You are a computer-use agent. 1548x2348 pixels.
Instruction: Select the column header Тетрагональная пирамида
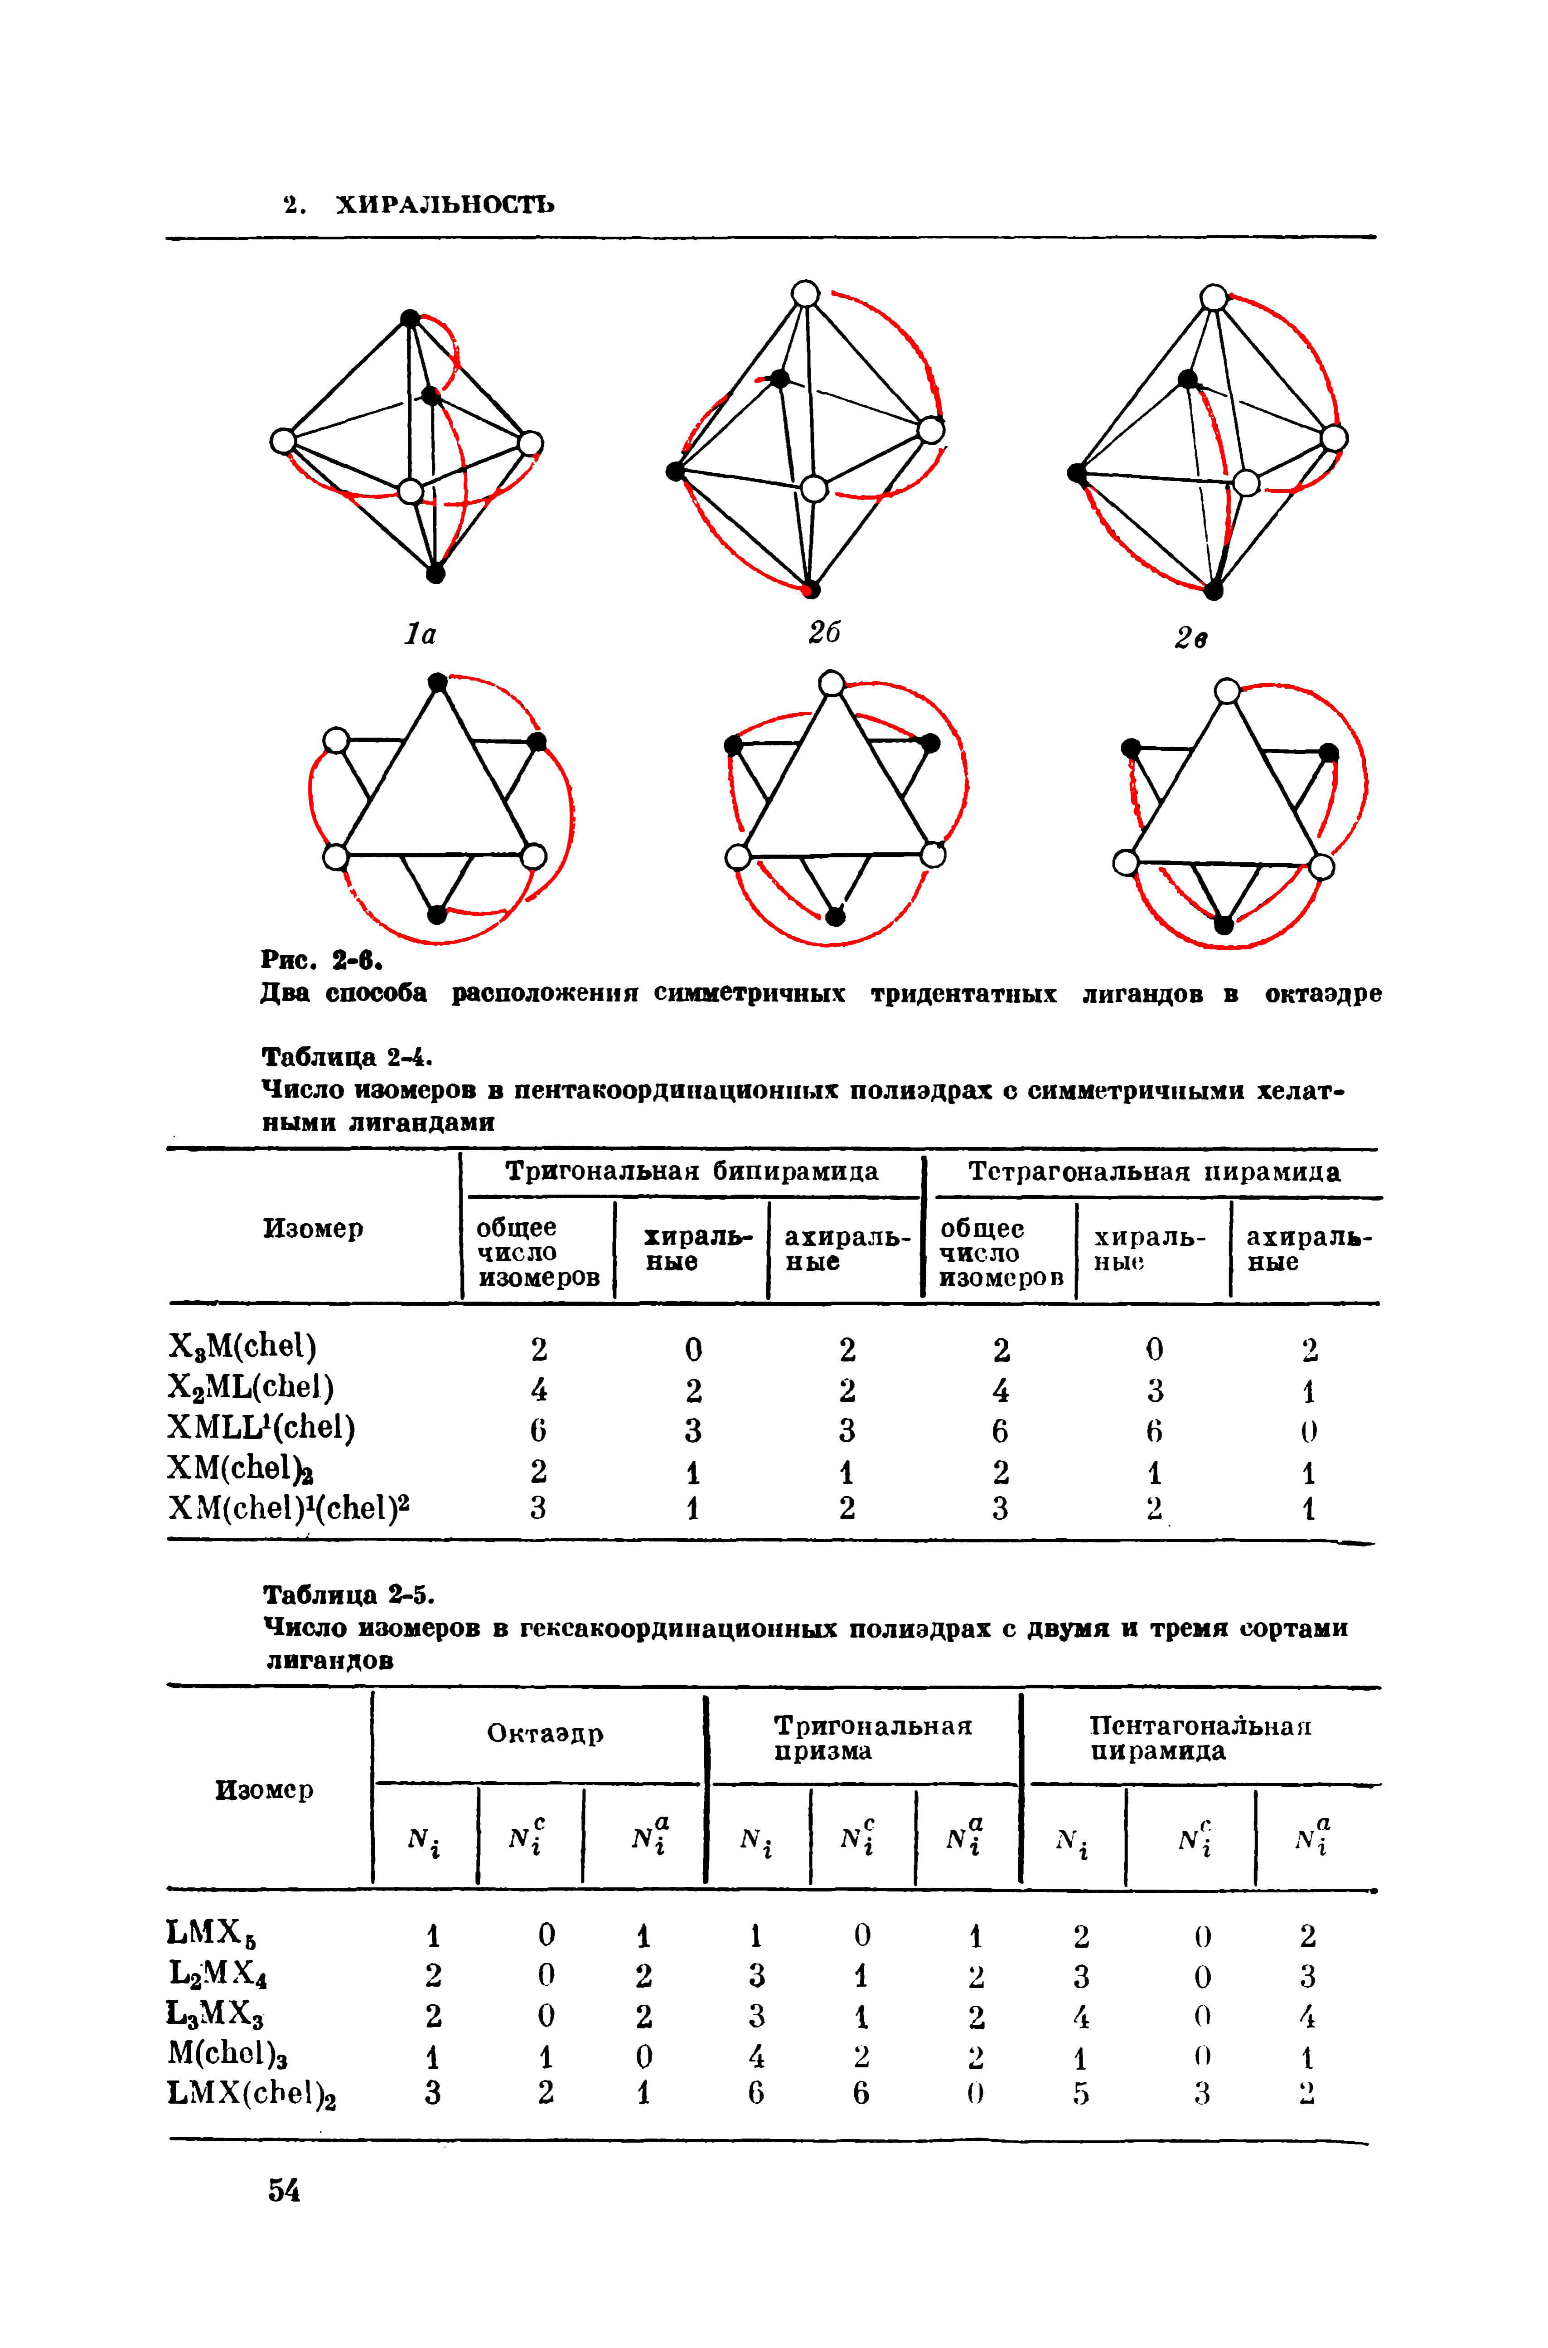(1154, 1172)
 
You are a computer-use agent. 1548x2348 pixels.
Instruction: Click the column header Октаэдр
(545, 1734)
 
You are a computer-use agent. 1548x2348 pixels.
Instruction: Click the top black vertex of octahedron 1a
(409, 318)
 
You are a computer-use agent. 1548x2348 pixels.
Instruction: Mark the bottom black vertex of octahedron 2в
(1213, 590)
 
